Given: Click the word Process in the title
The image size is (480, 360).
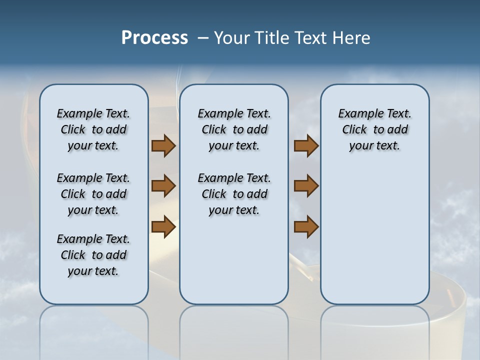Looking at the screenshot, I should pyautogui.click(x=154, y=37).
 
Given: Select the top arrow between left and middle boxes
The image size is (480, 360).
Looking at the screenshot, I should pyautogui.click(x=163, y=145).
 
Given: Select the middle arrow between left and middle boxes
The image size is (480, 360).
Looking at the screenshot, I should pyautogui.click(x=163, y=186).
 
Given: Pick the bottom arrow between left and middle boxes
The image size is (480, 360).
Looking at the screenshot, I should pyautogui.click(x=163, y=226).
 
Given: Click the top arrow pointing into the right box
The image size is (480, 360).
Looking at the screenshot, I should pyautogui.click(x=306, y=145).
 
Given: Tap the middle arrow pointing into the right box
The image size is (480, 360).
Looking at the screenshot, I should pyautogui.click(x=306, y=186).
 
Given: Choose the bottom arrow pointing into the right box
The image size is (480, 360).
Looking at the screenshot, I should pyautogui.click(x=306, y=226).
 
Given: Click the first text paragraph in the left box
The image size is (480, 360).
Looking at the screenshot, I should pyautogui.click(x=93, y=129).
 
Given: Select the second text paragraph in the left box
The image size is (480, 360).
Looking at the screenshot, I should pyautogui.click(x=93, y=194).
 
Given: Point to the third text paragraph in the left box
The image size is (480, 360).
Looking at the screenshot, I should pyautogui.click(x=93, y=255).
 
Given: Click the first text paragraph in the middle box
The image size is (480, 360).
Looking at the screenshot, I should pyautogui.click(x=234, y=129).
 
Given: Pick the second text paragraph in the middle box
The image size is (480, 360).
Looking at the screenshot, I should pyautogui.click(x=234, y=194).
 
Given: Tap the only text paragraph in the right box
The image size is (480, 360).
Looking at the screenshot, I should pyautogui.click(x=374, y=129).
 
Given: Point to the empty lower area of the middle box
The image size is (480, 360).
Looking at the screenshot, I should pyautogui.click(x=234, y=260).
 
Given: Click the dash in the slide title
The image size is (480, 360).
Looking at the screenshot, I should pyautogui.click(x=203, y=38).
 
